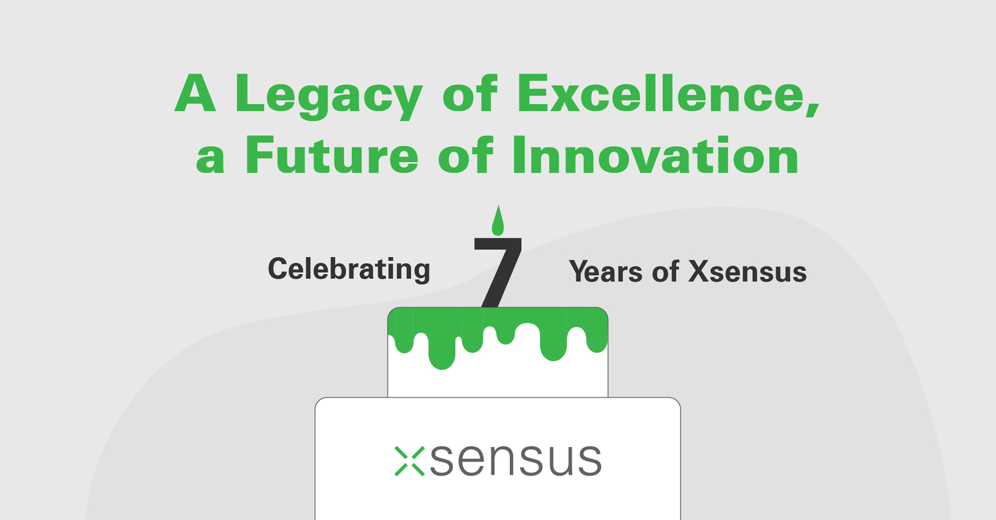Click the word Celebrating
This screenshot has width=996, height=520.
(349, 269)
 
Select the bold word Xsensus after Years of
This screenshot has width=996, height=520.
(747, 272)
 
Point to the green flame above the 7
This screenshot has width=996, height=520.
(497, 220)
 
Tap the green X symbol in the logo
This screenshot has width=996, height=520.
(409, 460)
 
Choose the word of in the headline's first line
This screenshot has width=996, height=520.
(469, 95)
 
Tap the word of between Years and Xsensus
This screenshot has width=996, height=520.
(665, 272)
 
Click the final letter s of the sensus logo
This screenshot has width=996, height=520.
(587, 460)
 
